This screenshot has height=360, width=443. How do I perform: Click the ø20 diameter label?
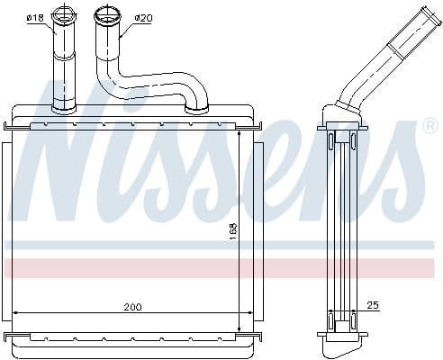click(x=142, y=18)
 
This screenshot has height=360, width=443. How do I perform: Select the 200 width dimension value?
click(x=132, y=307)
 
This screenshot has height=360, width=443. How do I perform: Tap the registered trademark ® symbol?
click(x=429, y=126)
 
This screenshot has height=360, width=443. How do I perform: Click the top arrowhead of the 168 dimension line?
click(x=239, y=129)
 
